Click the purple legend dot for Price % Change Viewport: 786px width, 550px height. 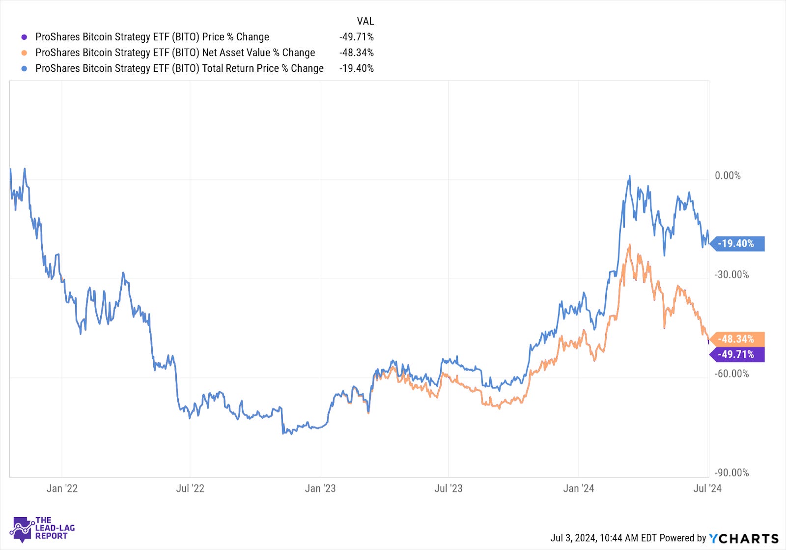(24, 37)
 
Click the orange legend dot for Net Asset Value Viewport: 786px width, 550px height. (24, 53)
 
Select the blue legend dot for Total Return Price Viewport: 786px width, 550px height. (24, 68)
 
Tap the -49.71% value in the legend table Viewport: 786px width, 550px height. (356, 37)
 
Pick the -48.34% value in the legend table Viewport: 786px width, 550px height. (356, 53)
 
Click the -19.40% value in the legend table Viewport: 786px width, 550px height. (356, 68)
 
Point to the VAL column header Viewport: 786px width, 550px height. (365, 21)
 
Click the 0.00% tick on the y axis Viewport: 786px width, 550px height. (728, 175)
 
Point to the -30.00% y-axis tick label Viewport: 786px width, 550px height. (731, 275)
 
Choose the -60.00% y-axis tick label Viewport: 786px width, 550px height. (731, 374)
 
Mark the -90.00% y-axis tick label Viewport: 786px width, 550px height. (731, 473)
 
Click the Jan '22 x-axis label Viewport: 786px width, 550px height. (62, 488)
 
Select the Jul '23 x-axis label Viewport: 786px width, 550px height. (448, 488)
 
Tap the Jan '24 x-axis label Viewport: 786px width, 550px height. (578, 488)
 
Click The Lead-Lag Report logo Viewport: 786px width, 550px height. (42, 529)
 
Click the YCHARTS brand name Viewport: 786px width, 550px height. (744, 538)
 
